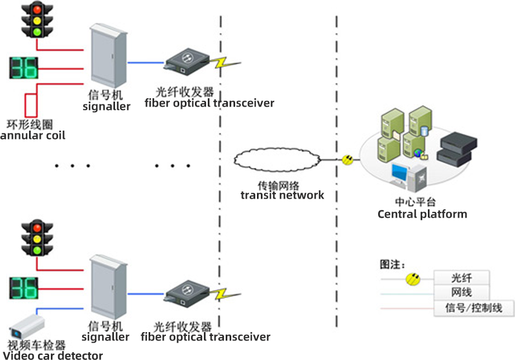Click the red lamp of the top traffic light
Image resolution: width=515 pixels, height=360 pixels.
37,9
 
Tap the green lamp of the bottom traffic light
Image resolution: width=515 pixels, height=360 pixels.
37,251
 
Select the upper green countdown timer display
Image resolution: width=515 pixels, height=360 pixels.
23,68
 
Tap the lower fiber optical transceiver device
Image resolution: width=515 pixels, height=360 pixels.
187,293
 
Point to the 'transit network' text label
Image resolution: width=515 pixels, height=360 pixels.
282,195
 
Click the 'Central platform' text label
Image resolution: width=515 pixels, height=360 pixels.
422,214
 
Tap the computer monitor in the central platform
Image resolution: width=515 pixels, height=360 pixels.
401,172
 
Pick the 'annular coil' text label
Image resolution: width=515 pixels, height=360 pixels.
34,135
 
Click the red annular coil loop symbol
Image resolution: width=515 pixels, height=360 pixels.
31,104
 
